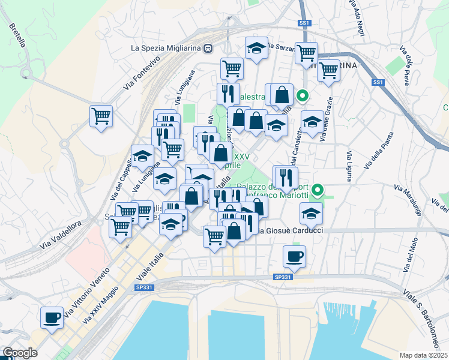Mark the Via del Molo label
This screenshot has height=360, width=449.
click(x=410, y=254)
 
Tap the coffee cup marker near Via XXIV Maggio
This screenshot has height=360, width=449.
click(x=52, y=316)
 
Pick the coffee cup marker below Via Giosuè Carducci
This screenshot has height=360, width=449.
click(x=294, y=256)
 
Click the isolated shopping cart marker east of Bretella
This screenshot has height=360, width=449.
click(x=101, y=115)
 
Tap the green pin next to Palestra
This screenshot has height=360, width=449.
click(x=303, y=95)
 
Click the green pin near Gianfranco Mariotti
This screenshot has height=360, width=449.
click(x=318, y=190)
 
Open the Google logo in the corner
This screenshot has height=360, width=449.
click(x=20, y=353)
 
